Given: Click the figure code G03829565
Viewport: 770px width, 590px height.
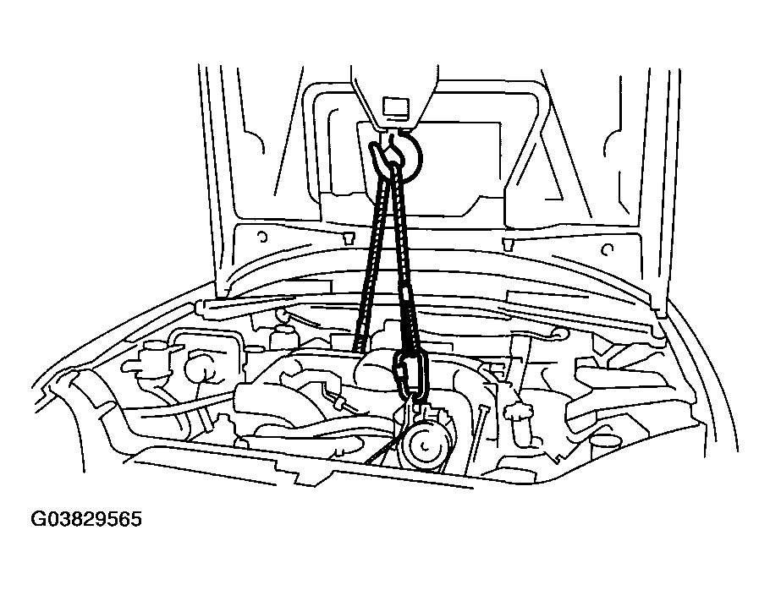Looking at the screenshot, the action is point(86,518).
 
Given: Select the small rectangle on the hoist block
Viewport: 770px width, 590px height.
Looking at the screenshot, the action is point(395,107).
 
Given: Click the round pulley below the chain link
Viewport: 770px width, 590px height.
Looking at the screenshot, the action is point(424,445).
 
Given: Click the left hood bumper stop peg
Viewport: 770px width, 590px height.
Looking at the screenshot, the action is point(348,237).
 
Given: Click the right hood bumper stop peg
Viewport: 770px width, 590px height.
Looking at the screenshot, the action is point(508,243).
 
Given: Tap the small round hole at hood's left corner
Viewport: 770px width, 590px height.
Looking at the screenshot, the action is point(262,238).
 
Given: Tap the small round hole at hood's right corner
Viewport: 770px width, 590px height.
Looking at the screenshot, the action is point(608,250).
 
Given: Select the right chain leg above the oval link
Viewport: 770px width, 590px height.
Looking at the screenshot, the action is point(407,260).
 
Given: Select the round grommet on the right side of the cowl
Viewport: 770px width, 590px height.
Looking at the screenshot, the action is point(557,333).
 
